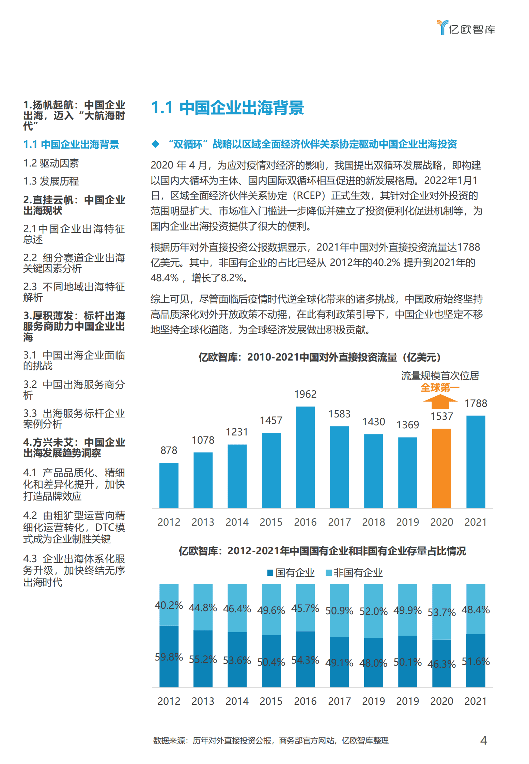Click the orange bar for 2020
441,468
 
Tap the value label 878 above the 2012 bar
169,450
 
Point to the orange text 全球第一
440,387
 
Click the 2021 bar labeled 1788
476,461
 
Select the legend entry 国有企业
291,573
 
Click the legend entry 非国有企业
354,573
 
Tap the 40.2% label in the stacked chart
169,605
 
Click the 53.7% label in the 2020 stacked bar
441,612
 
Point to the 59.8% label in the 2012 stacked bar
169,657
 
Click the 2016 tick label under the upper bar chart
305,522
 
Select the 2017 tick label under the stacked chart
339,701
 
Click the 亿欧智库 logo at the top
466,28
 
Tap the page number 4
483,740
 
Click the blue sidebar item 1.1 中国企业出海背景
71,144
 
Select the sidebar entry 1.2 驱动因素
51,163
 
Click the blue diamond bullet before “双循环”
155,144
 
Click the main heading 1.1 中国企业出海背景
228,108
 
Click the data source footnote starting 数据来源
271,741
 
